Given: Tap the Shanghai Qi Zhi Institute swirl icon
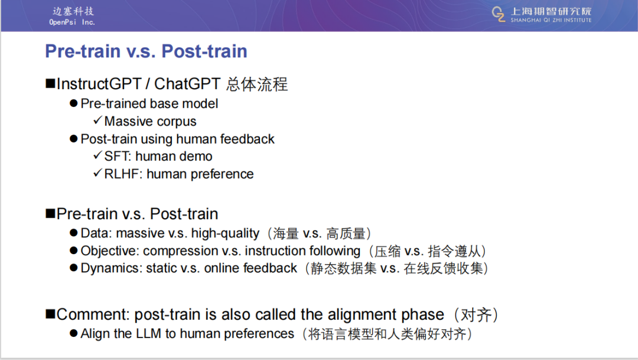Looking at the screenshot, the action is [x=499, y=14].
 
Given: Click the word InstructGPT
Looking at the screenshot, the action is [x=99, y=84].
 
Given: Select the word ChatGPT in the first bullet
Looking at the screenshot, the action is [x=187, y=84].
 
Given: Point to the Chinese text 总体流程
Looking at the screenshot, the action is [x=257, y=85].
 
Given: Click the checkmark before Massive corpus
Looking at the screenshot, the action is [x=97, y=120].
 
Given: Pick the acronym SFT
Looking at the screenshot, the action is [x=117, y=156].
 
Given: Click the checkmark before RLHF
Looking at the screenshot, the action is [x=97, y=173].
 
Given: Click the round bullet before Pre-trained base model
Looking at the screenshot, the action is [x=74, y=103].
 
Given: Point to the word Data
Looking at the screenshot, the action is [x=96, y=233].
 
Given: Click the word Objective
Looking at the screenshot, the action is [x=110, y=251].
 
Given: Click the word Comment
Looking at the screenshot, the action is [x=93, y=314].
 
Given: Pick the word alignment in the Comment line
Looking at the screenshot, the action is [x=363, y=315].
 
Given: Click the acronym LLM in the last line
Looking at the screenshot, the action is [x=148, y=333].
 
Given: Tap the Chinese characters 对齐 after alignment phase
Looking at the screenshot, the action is [x=476, y=315].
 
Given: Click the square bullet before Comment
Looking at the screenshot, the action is [x=50, y=314].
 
